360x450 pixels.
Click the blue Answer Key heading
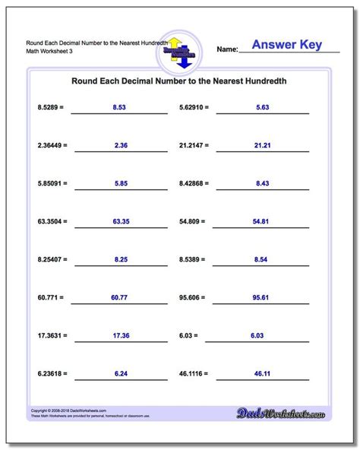286,45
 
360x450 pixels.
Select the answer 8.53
118,108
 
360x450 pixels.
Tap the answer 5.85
118,183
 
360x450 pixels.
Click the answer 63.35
118,221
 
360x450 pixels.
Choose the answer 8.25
118,259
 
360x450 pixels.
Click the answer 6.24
118,373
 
